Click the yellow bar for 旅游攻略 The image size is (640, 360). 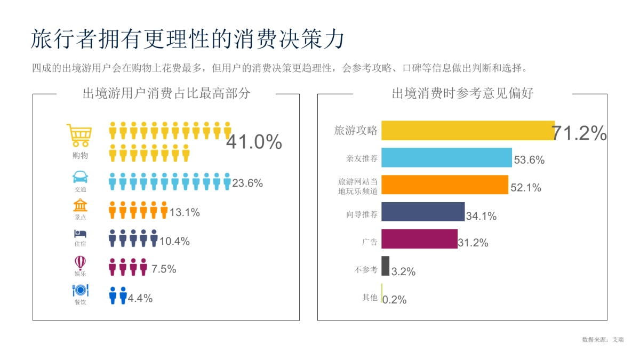coord(468,131)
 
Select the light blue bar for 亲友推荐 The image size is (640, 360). coord(446,158)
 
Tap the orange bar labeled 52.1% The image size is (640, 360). coord(445,185)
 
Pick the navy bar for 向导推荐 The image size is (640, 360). coord(423,212)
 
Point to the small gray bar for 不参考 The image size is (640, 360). coord(385,266)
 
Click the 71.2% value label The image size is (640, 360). coord(579,133)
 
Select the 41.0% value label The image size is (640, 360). coord(254,142)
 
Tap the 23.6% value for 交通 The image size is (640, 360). coord(247,183)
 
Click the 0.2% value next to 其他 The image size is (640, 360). coord(395,300)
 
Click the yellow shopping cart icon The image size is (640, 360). coord(79,135)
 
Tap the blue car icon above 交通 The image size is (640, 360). coord(79,177)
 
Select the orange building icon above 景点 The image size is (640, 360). coord(80,205)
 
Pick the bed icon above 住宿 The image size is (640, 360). coord(80,234)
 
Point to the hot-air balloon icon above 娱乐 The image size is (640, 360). coord(80,262)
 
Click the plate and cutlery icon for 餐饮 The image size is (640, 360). coord(80,290)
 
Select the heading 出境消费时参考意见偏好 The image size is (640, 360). coord(462,94)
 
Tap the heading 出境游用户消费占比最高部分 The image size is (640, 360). coord(166,94)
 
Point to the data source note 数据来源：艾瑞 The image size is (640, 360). coord(603,339)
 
